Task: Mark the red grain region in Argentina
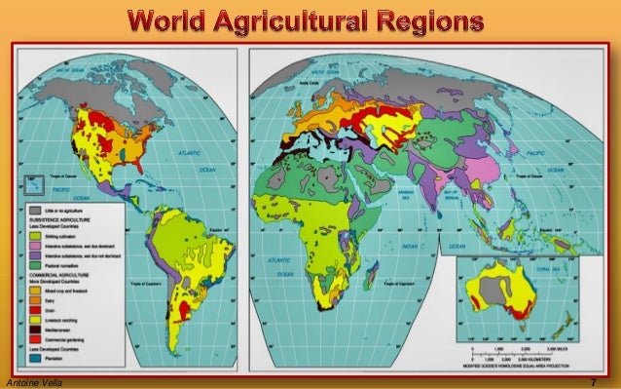click(x=179, y=310)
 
